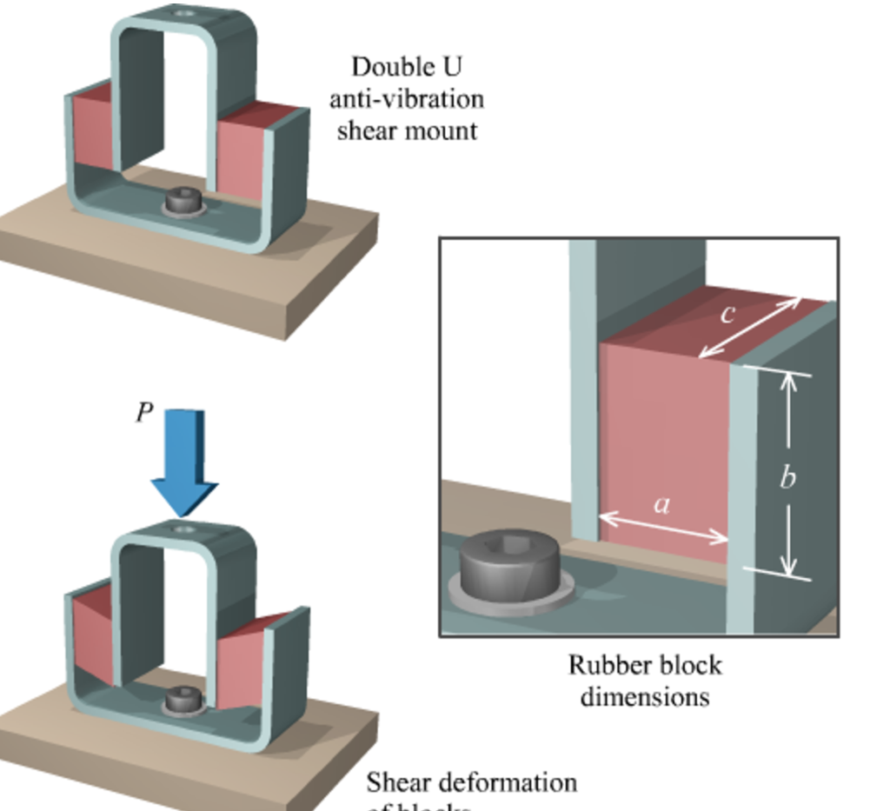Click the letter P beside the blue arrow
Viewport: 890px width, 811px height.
pyautogui.click(x=144, y=413)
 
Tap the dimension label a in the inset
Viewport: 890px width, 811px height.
pyautogui.click(x=662, y=503)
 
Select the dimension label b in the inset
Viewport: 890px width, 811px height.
pyautogui.click(x=787, y=477)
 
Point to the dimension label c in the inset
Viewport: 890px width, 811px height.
pyautogui.click(x=728, y=313)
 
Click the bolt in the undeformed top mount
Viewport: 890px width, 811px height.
pyautogui.click(x=183, y=202)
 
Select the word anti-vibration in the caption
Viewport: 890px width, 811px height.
pyautogui.click(x=406, y=98)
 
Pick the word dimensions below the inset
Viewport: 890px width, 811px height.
pyautogui.click(x=644, y=696)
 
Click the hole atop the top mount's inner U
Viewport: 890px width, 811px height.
pyautogui.click(x=183, y=14)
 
